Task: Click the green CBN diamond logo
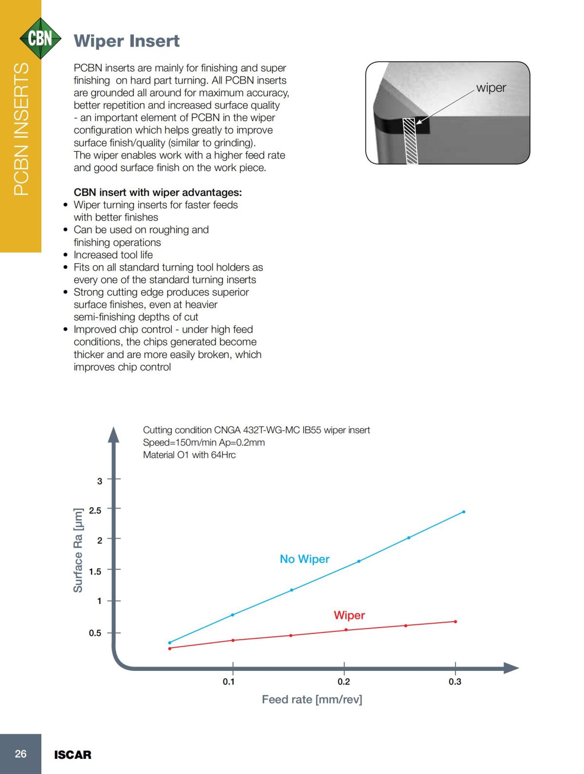click(x=40, y=38)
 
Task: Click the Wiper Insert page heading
click(x=127, y=41)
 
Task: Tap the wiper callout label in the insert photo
click(x=491, y=88)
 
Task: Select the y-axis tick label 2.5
click(x=95, y=510)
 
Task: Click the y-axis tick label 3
click(x=100, y=481)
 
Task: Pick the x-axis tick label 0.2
click(x=344, y=682)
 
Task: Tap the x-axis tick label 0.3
click(x=455, y=682)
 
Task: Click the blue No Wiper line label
click(x=305, y=559)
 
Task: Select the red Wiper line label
click(x=349, y=615)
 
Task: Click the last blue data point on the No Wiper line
click(x=463, y=512)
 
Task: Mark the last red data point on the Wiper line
click(x=456, y=621)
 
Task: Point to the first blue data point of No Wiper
click(x=169, y=643)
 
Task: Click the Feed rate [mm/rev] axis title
click(x=312, y=700)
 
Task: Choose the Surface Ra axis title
click(x=78, y=550)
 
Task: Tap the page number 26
click(x=20, y=754)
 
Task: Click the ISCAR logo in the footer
click(x=73, y=755)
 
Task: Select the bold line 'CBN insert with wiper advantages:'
click(x=158, y=192)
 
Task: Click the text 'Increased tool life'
click(x=113, y=255)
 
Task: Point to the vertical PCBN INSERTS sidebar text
click(x=20, y=129)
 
